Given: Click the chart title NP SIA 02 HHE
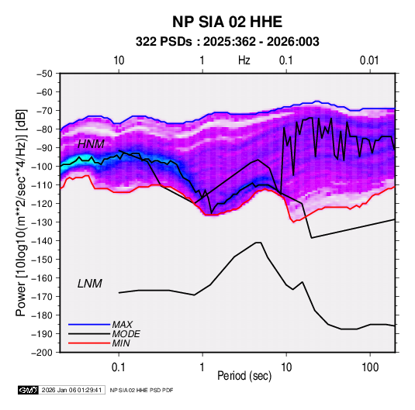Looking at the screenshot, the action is coord(227,22).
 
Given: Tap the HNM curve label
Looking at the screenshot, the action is coord(91,144).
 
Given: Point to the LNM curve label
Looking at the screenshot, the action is coord(90,284).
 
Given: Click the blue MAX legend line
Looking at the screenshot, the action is coord(89,324).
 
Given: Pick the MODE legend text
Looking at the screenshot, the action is coord(126,334).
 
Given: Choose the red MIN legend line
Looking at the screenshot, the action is coord(89,343).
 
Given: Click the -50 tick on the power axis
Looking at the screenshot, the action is coord(44,74).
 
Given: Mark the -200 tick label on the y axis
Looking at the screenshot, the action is coord(42,353).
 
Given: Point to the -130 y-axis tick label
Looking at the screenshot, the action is coord(42,222).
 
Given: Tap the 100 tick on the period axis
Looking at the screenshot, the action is coord(370,367).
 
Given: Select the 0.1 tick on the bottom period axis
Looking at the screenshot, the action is coord(119,367).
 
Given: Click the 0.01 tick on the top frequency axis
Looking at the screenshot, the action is coord(369,60).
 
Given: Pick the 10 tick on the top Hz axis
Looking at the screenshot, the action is coord(119,60).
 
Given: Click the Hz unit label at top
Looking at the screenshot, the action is coord(244,60).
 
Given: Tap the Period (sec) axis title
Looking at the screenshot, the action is coord(244,376).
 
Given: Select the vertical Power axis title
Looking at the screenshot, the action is coord(21,212).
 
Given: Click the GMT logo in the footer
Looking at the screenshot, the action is coord(29,390).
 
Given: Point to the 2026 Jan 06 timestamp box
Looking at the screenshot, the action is coord(71,390).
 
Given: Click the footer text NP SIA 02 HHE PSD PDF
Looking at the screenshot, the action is coord(142,390).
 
